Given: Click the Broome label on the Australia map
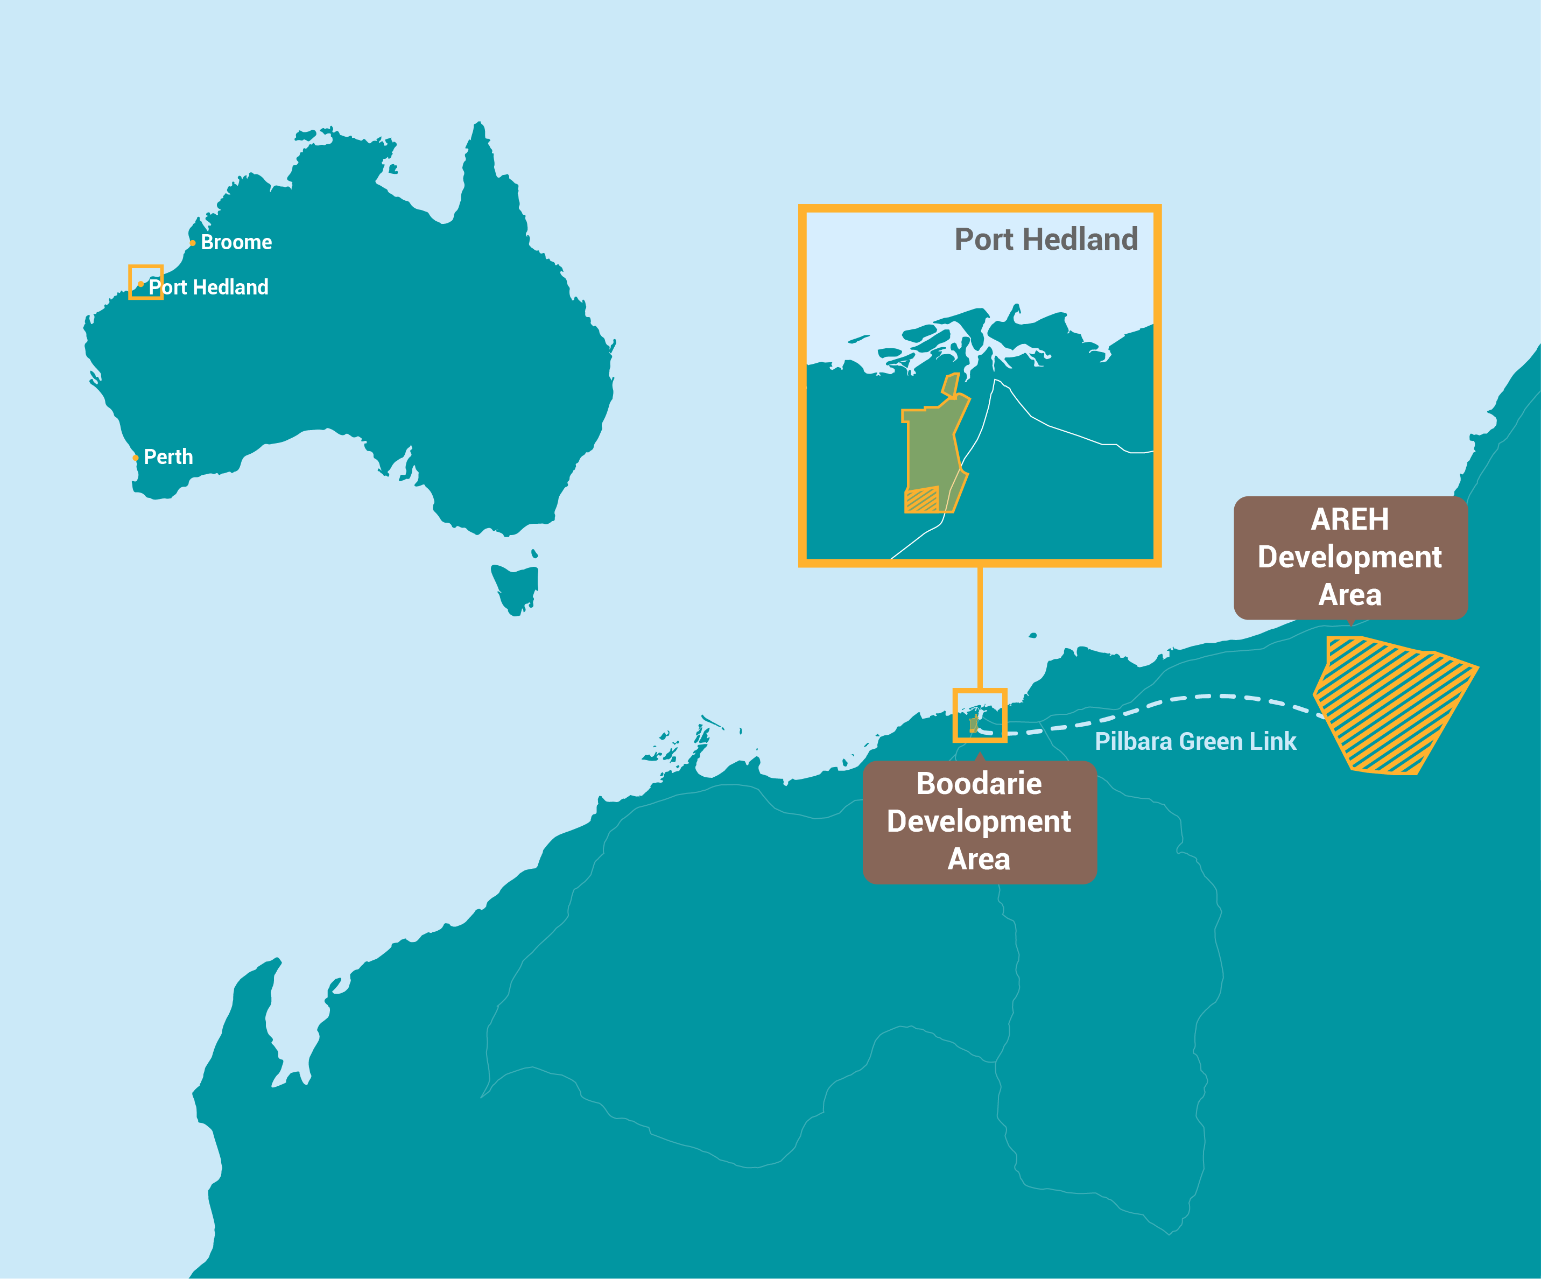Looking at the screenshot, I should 236,242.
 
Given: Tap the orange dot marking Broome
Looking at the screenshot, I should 192,243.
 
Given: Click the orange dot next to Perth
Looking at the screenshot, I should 135,458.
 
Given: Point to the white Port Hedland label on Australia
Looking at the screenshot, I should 209,287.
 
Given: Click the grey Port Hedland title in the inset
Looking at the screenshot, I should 1046,239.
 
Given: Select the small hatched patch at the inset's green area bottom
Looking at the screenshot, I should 921,501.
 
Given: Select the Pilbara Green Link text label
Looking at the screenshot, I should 1195,741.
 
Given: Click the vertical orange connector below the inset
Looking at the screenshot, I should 980,628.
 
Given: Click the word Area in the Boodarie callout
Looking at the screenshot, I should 979,859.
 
